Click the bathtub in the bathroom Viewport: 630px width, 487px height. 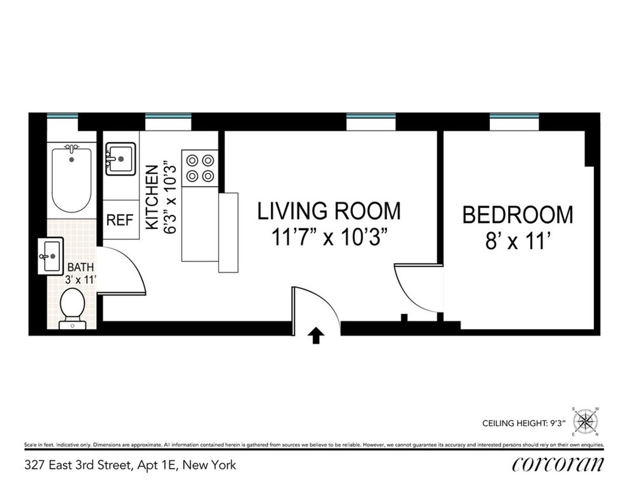(72, 178)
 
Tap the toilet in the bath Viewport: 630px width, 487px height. (72, 310)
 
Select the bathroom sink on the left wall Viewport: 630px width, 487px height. (51, 255)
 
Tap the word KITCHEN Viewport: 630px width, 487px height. (152, 197)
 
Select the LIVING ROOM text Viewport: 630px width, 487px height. (329, 211)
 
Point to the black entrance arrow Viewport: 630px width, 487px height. (316, 336)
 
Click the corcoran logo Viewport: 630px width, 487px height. (557, 465)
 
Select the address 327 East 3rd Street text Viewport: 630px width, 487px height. (130, 465)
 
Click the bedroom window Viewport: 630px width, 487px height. (514, 122)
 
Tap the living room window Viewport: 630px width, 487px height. (371, 122)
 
